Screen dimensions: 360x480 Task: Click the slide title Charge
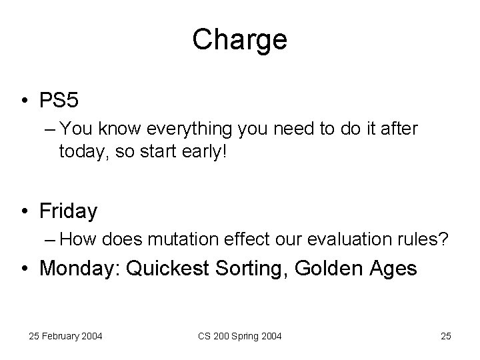pos(239,40)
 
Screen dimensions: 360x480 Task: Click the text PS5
pos(59,101)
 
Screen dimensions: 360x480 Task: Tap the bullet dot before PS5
pos(25,101)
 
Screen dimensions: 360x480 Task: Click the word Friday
pos(69,211)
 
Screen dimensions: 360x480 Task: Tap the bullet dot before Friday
pos(25,212)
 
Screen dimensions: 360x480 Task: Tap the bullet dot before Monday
pos(25,269)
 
